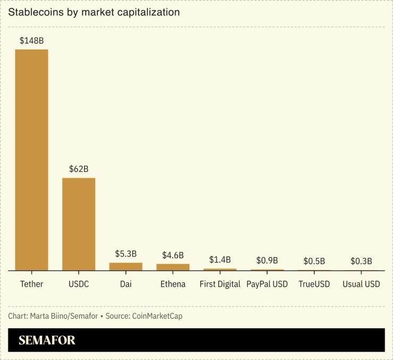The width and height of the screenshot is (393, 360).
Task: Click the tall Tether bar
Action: [31, 160]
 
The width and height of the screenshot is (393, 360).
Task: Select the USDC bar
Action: [79, 224]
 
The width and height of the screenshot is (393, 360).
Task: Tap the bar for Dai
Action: [126, 266]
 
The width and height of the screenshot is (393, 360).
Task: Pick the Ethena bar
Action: [173, 267]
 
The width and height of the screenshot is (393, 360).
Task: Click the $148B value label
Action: [31, 40]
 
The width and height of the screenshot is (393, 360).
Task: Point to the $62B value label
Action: [79, 169]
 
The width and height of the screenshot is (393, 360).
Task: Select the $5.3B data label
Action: [126, 254]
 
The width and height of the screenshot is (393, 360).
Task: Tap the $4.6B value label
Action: [173, 255]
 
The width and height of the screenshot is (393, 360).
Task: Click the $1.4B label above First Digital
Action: [220, 259]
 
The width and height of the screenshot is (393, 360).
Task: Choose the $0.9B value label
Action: [267, 261]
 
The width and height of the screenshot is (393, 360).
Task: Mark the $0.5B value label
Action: [314, 261]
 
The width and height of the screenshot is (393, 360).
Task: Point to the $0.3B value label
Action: [361, 261]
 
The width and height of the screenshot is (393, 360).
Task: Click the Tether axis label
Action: [31, 284]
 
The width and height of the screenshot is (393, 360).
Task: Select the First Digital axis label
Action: [220, 284]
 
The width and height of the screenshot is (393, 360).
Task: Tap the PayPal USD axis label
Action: [267, 284]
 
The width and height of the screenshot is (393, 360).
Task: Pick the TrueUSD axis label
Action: [314, 284]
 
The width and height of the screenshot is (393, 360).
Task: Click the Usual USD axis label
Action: [361, 284]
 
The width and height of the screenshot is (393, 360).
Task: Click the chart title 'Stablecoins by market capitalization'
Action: [94, 12]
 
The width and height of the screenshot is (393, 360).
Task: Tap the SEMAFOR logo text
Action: [47, 340]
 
